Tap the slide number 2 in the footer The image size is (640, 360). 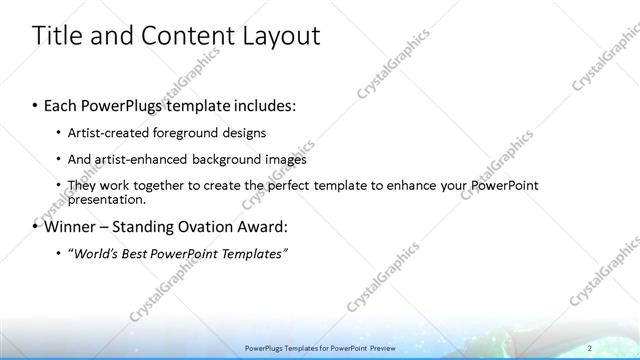coord(590,347)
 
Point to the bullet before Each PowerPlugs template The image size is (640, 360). coord(36,105)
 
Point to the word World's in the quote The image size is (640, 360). coord(96,254)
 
